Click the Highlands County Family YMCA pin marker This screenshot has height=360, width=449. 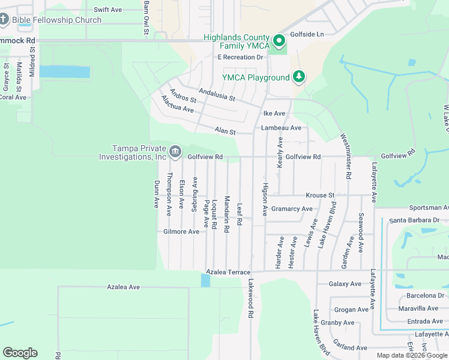tap(279, 41)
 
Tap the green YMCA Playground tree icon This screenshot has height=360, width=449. tap(299, 77)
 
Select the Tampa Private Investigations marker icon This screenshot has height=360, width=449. tap(175, 151)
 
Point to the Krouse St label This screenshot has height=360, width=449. tap(319, 196)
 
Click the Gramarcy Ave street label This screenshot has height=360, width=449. tap(292, 209)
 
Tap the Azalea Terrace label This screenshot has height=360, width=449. tap(228, 272)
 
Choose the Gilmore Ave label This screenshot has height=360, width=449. tap(181, 232)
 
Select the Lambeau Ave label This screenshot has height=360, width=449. tap(281, 128)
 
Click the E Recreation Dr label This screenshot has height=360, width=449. tap(241, 58)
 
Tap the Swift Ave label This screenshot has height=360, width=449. tap(108, 10)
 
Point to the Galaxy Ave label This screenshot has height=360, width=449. tap(345, 284)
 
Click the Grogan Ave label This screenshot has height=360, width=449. tap(351, 310)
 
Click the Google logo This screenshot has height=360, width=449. tap(20, 353)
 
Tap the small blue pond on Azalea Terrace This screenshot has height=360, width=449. tap(206, 280)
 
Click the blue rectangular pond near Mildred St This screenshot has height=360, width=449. tap(65, 72)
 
